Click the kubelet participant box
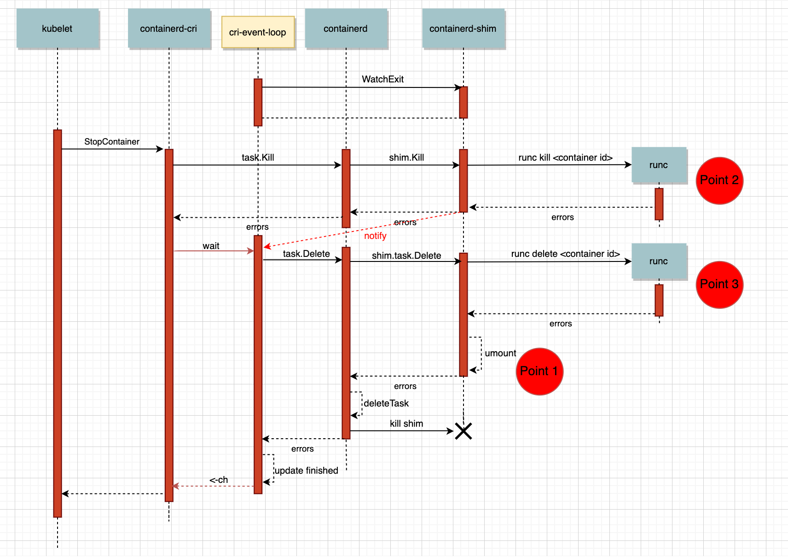(x=58, y=29)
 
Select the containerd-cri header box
(x=168, y=29)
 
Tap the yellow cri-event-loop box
(x=258, y=32)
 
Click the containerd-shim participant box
(x=463, y=29)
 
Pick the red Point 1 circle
(x=539, y=371)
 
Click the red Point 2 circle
(x=719, y=180)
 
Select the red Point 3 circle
(x=719, y=284)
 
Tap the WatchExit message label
(x=382, y=79)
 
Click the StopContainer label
(x=112, y=142)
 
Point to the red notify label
(x=375, y=236)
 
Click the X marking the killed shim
(x=464, y=431)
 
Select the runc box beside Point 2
(x=659, y=165)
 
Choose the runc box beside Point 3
(x=659, y=261)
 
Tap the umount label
(x=500, y=354)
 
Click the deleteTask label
(x=387, y=404)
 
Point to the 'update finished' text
(x=307, y=470)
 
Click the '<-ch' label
(x=219, y=480)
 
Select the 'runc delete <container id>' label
(x=565, y=254)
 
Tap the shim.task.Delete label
(x=406, y=255)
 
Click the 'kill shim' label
(x=406, y=424)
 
